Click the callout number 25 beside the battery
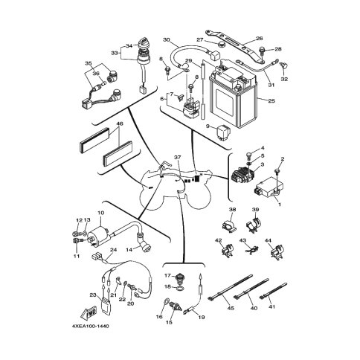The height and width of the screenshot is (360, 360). pyautogui.click(x=271, y=101)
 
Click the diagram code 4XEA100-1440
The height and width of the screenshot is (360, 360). pyautogui.click(x=90, y=326)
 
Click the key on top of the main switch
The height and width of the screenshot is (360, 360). pyautogui.click(x=144, y=44)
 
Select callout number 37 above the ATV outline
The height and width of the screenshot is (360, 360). pyautogui.click(x=178, y=157)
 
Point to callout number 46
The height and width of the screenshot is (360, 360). pyautogui.click(x=120, y=123)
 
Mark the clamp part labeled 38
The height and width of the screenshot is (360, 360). pyautogui.click(x=228, y=224)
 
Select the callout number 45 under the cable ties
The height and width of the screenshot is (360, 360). pyautogui.click(x=231, y=308)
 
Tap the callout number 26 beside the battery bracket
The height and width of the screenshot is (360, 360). pyautogui.click(x=260, y=39)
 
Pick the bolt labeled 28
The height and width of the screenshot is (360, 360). pyautogui.click(x=262, y=51)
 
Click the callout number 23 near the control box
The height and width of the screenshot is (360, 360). pyautogui.click(x=93, y=295)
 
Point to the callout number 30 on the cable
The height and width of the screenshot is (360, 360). pyautogui.click(x=167, y=39)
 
